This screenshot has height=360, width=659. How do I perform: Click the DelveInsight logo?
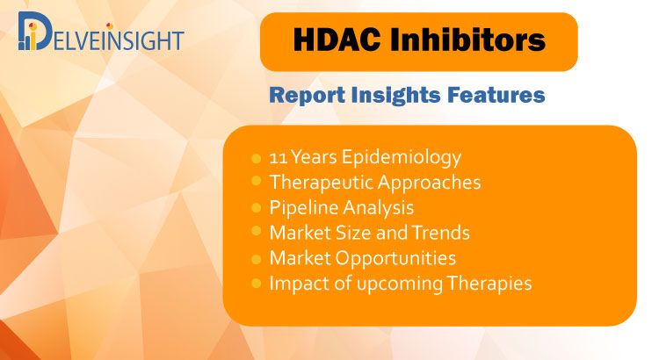click(101, 32)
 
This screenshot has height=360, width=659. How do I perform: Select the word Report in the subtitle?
click(308, 96)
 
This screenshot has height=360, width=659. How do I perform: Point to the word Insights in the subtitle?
click(396, 96)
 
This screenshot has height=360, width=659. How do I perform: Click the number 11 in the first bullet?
click(279, 158)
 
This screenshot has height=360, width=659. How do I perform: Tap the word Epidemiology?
click(401, 158)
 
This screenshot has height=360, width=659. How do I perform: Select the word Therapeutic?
click(321, 184)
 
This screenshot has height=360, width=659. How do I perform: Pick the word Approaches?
click(429, 184)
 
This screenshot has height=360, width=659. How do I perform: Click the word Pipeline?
click(299, 208)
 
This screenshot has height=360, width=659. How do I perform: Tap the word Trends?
click(440, 233)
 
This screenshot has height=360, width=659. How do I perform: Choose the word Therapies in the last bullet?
click(489, 284)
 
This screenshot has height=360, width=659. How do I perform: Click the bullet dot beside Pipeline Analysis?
click(256, 207)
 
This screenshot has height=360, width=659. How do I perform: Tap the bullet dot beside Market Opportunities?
click(256, 259)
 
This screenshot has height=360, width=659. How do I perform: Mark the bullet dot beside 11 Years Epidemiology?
click(256, 158)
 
